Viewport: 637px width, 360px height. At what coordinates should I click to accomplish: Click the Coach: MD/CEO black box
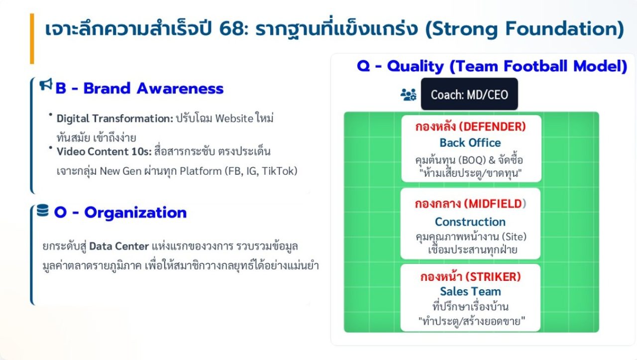coord(469,94)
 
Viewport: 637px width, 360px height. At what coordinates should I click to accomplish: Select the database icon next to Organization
coord(43,211)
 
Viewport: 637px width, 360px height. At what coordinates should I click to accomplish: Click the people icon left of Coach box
coord(409,95)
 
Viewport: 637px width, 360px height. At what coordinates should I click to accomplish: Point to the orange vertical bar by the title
coord(32,38)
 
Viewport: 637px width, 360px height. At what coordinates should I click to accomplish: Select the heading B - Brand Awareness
coord(139,89)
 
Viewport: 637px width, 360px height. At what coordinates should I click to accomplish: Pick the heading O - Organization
coord(120,213)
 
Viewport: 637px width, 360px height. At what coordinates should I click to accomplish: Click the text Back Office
coord(470,143)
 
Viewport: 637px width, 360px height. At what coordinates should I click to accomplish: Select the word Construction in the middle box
coord(470,222)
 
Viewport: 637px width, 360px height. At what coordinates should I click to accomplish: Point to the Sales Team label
coord(470,291)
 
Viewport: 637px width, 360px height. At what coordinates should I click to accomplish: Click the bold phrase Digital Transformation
coord(114,119)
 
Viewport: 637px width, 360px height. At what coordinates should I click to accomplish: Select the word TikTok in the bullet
coord(280,171)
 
